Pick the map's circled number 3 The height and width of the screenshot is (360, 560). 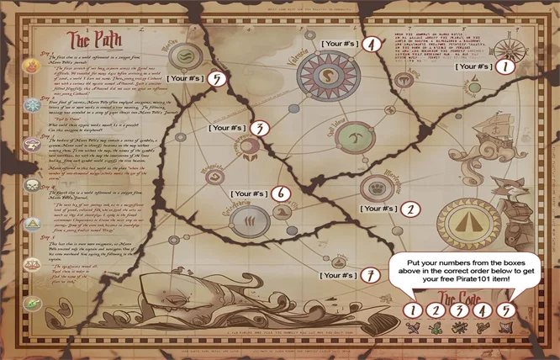[261, 128]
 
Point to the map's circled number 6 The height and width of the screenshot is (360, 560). [283, 193]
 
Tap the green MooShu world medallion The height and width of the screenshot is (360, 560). [183, 57]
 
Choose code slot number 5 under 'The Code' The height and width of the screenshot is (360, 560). [507, 310]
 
